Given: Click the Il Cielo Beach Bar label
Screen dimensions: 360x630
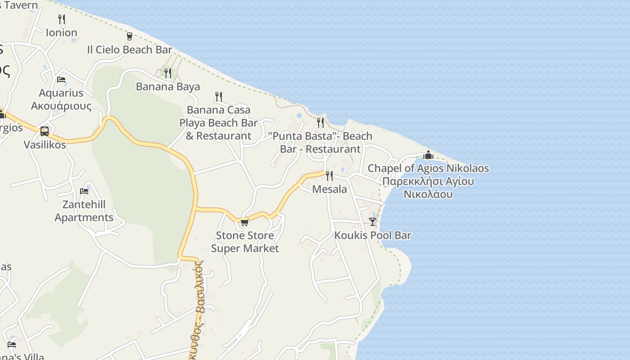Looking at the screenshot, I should pyautogui.click(x=130, y=49).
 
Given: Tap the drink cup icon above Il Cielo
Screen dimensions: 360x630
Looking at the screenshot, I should pyautogui.click(x=130, y=36).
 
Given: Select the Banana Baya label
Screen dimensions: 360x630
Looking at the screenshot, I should pyautogui.click(x=168, y=86).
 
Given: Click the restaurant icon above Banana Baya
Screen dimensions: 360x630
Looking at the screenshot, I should pyautogui.click(x=168, y=73).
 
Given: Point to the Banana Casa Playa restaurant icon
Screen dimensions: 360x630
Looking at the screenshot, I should pyautogui.click(x=219, y=96).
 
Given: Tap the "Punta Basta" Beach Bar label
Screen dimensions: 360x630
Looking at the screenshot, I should pyautogui.click(x=320, y=142).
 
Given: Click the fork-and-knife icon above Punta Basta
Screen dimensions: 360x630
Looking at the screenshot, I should pyautogui.click(x=320, y=122).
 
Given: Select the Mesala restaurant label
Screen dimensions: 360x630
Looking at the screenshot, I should pyautogui.click(x=329, y=189).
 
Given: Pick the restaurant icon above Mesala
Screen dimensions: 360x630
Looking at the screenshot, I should pyautogui.click(x=329, y=175).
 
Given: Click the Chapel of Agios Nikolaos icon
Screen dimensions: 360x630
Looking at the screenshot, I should pyautogui.click(x=428, y=155).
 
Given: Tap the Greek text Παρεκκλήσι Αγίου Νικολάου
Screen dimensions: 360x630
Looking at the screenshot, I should pyautogui.click(x=428, y=188).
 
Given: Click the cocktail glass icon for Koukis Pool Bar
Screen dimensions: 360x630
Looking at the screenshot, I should pyautogui.click(x=373, y=221).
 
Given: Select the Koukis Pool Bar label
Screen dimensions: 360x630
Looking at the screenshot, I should pyautogui.click(x=373, y=235).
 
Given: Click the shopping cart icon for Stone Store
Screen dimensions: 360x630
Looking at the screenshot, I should pyautogui.click(x=244, y=222).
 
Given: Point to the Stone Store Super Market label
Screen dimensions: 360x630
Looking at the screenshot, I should pyautogui.click(x=245, y=242).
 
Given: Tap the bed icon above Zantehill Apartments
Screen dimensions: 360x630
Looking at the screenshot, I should pyautogui.click(x=84, y=191).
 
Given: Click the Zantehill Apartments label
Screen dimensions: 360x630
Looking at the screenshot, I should pyautogui.click(x=84, y=211).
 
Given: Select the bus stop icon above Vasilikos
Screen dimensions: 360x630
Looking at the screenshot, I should pyautogui.click(x=45, y=131).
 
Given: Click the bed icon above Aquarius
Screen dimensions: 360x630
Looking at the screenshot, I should pyautogui.click(x=61, y=80).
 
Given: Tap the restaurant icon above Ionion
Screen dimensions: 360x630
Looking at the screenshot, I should pyautogui.click(x=62, y=19).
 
